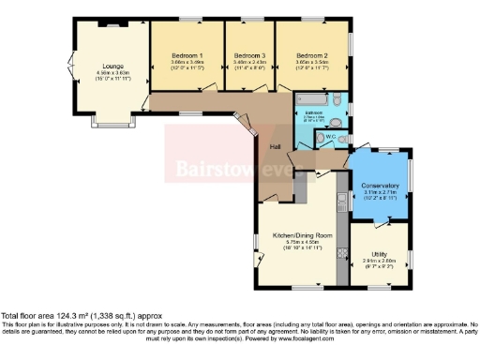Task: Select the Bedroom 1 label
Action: pyautogui.click(x=187, y=55)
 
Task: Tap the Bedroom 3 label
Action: pyautogui.click(x=248, y=55)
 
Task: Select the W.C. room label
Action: pyautogui.click(x=330, y=139)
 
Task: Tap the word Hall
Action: pyautogui.click(x=276, y=148)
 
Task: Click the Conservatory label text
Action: pyautogui.click(x=380, y=186)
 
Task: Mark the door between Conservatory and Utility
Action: pyautogui.click(x=380, y=222)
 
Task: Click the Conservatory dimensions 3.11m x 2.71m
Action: pyautogui.click(x=380, y=193)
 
